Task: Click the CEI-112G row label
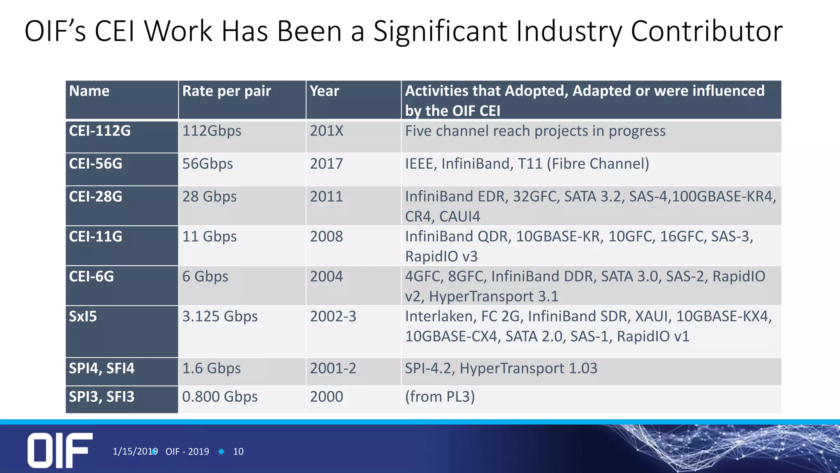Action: pyautogui.click(x=100, y=131)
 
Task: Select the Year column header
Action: pyautogui.click(x=324, y=91)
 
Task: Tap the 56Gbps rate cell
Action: pyautogui.click(x=208, y=164)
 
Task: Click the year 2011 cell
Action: pyautogui.click(x=326, y=197)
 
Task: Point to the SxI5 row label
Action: pyautogui.click(x=83, y=317)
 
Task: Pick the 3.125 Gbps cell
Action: pyautogui.click(x=220, y=317)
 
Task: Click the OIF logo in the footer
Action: pyautogui.click(x=60, y=450)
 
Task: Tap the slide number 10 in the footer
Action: pyautogui.click(x=238, y=452)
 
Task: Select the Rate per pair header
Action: pyautogui.click(x=226, y=91)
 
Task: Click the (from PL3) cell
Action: pyautogui.click(x=440, y=397)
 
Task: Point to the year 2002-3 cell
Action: pyautogui.click(x=333, y=317)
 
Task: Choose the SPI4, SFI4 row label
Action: pyautogui.click(x=101, y=368)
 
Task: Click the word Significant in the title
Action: pyautogui.click(x=440, y=31)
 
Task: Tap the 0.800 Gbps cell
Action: pyautogui.click(x=220, y=397)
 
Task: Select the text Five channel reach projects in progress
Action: pyautogui.click(x=535, y=131)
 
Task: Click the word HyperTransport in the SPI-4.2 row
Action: pyautogui.click(x=511, y=368)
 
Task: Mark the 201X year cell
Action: pyautogui.click(x=326, y=131)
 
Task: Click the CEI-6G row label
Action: pyautogui.click(x=91, y=277)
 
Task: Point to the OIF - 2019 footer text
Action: pyautogui.click(x=187, y=452)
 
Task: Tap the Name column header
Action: pyautogui.click(x=89, y=91)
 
